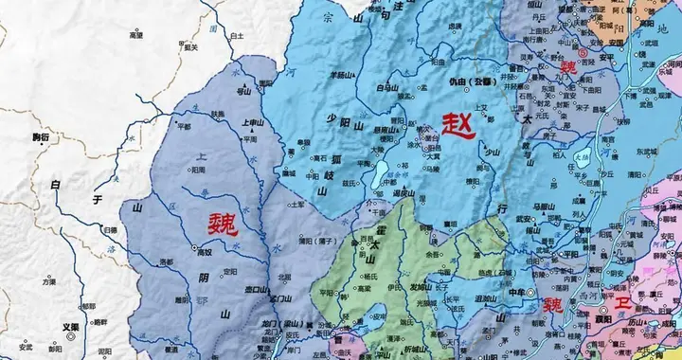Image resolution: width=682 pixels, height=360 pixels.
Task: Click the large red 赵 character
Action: point(458,125)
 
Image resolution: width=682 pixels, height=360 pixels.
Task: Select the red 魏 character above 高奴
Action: point(224,224)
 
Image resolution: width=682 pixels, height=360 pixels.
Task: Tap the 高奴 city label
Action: point(204,253)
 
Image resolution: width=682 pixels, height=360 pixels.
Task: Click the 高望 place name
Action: point(135,34)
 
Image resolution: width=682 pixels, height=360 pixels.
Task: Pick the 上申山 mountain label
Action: point(253,122)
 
